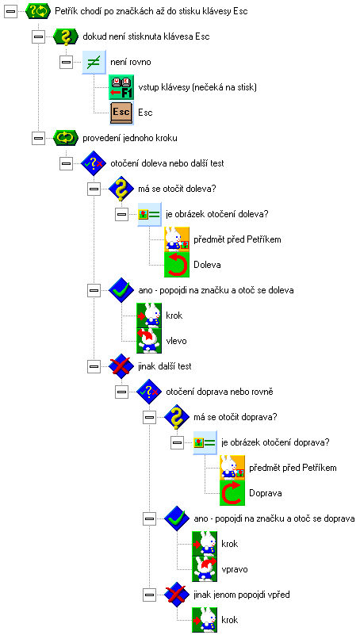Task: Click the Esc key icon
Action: [x=121, y=113]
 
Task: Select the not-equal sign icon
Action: [x=94, y=63]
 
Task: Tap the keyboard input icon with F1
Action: [x=121, y=87]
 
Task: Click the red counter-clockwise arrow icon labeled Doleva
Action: [x=177, y=265]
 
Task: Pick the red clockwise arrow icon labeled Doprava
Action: [x=233, y=493]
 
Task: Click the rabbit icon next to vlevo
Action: [x=149, y=341]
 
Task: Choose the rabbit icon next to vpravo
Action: [x=205, y=569]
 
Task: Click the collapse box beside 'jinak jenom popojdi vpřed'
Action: [x=149, y=595]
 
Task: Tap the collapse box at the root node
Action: [x=10, y=11]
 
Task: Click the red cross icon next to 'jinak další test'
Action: [x=121, y=366]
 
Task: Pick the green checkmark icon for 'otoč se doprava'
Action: [x=178, y=518]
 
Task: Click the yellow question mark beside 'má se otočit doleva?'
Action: [x=121, y=189]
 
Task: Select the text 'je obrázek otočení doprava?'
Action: [x=276, y=442]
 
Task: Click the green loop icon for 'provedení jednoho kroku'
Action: [x=66, y=138]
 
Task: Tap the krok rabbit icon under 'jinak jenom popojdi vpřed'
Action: [x=205, y=620]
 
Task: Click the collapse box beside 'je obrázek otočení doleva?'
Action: [x=121, y=214]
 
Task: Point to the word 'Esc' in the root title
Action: [x=240, y=11]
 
